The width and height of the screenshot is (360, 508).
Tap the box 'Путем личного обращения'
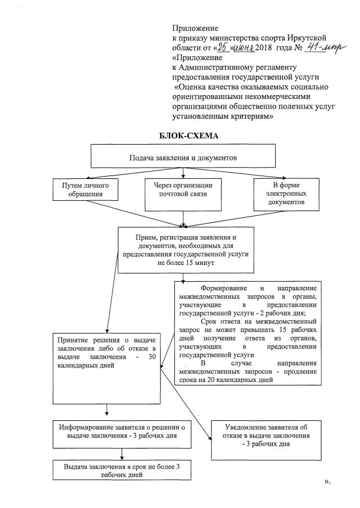point(86,190)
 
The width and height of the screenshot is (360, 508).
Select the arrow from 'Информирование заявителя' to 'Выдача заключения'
point(123,453)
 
